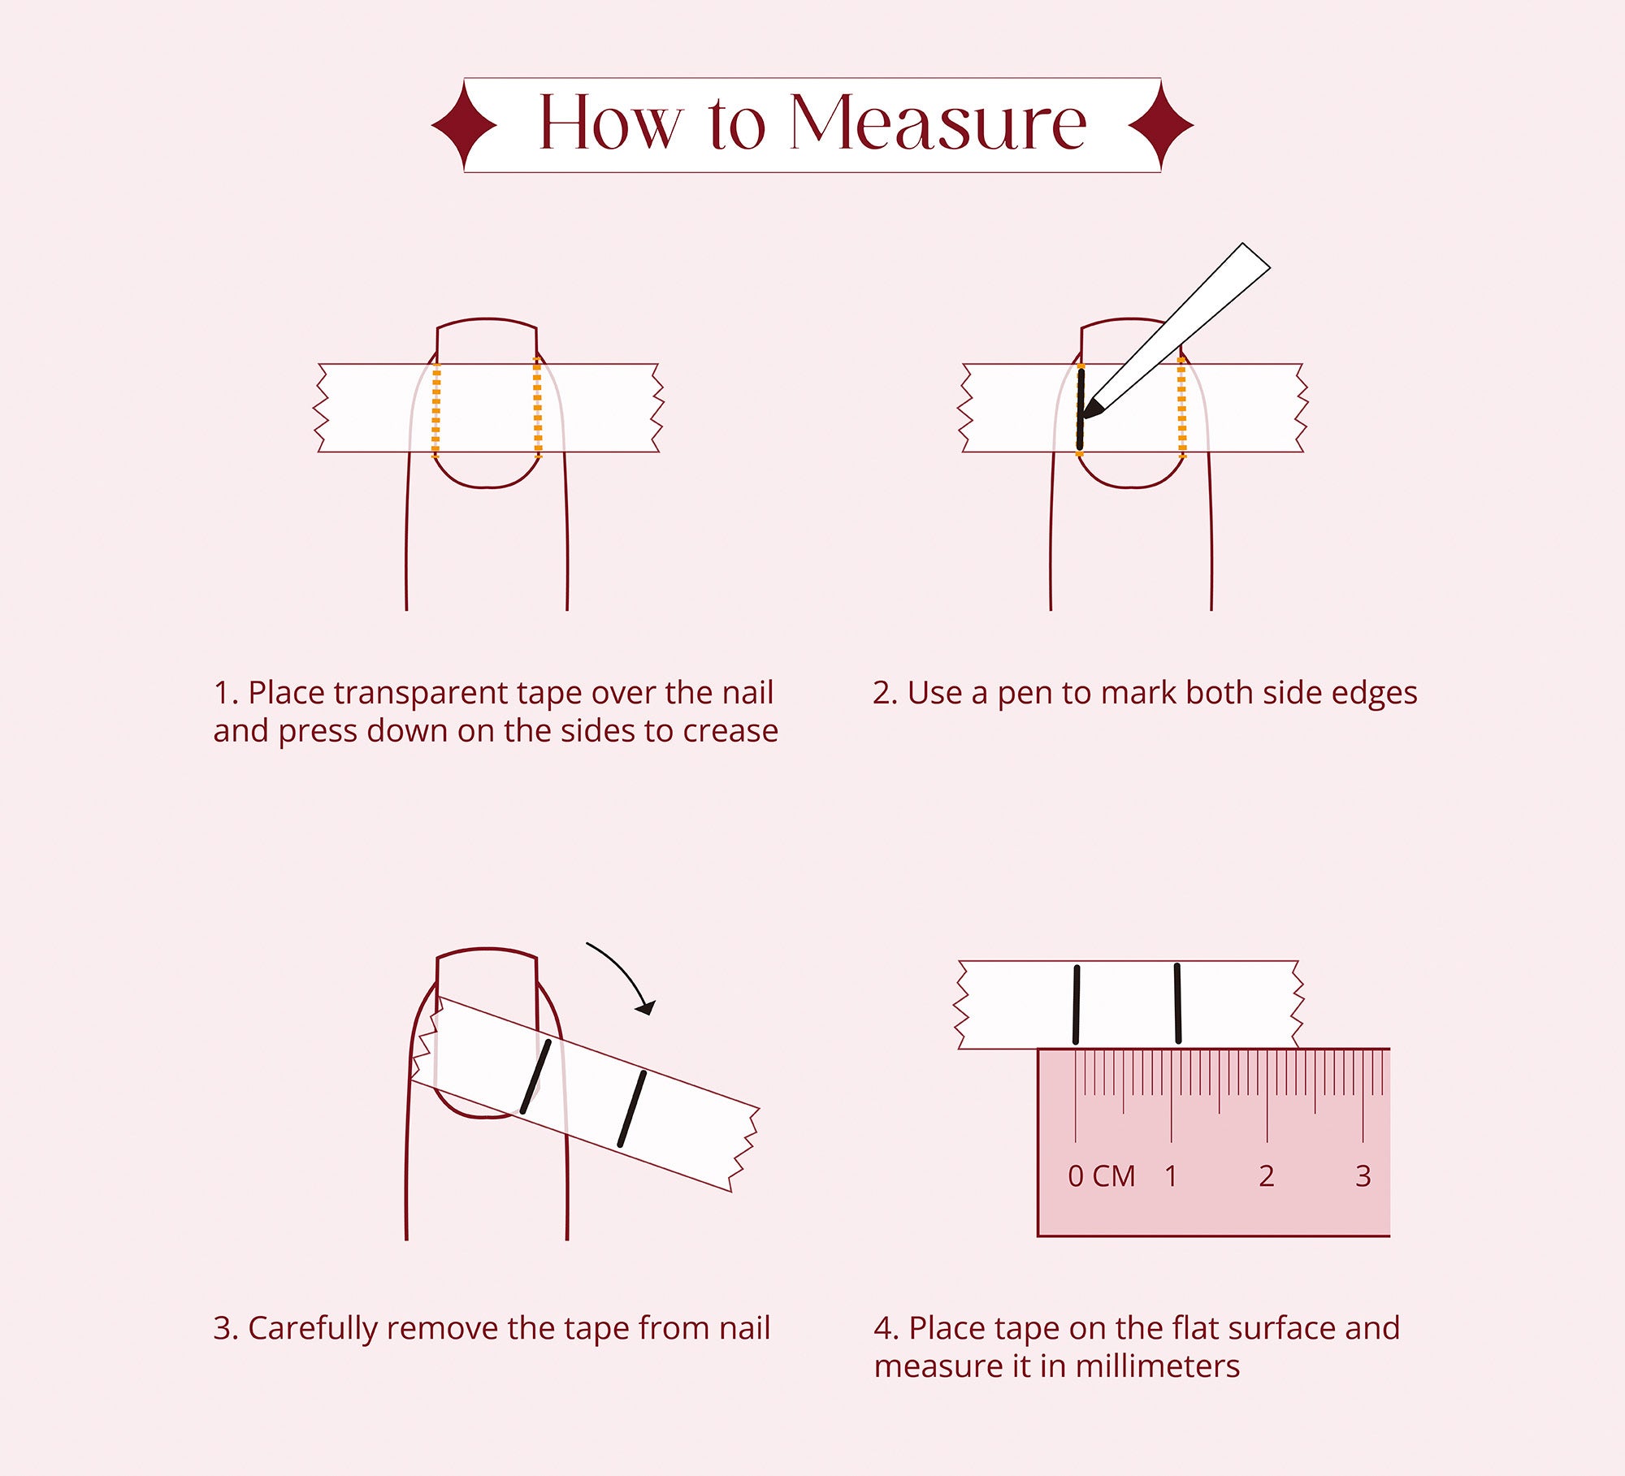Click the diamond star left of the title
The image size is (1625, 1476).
point(464,125)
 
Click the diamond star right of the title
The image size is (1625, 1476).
point(1161,125)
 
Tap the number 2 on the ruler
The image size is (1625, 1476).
point(1266,1176)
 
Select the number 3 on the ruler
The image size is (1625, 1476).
point(1363,1176)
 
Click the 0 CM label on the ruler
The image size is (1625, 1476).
point(1101,1176)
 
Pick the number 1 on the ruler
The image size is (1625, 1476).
point(1171,1176)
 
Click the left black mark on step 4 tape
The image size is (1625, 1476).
point(1077,1005)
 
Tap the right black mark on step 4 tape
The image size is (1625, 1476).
point(1177,1003)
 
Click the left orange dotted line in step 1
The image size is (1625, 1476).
point(436,409)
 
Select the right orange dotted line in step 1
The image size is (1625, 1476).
point(537,406)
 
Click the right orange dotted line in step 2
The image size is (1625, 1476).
point(1181,406)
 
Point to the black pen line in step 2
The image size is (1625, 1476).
point(1081,409)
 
